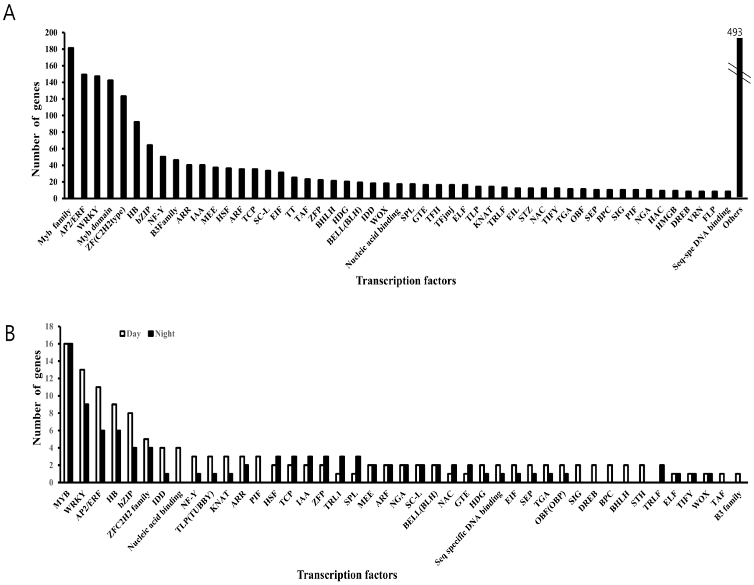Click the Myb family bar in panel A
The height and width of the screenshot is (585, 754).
click(x=71, y=123)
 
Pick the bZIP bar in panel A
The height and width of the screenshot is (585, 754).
click(x=150, y=171)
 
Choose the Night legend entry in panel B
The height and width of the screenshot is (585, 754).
click(x=161, y=334)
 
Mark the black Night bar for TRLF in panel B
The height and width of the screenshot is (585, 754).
click(x=662, y=473)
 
